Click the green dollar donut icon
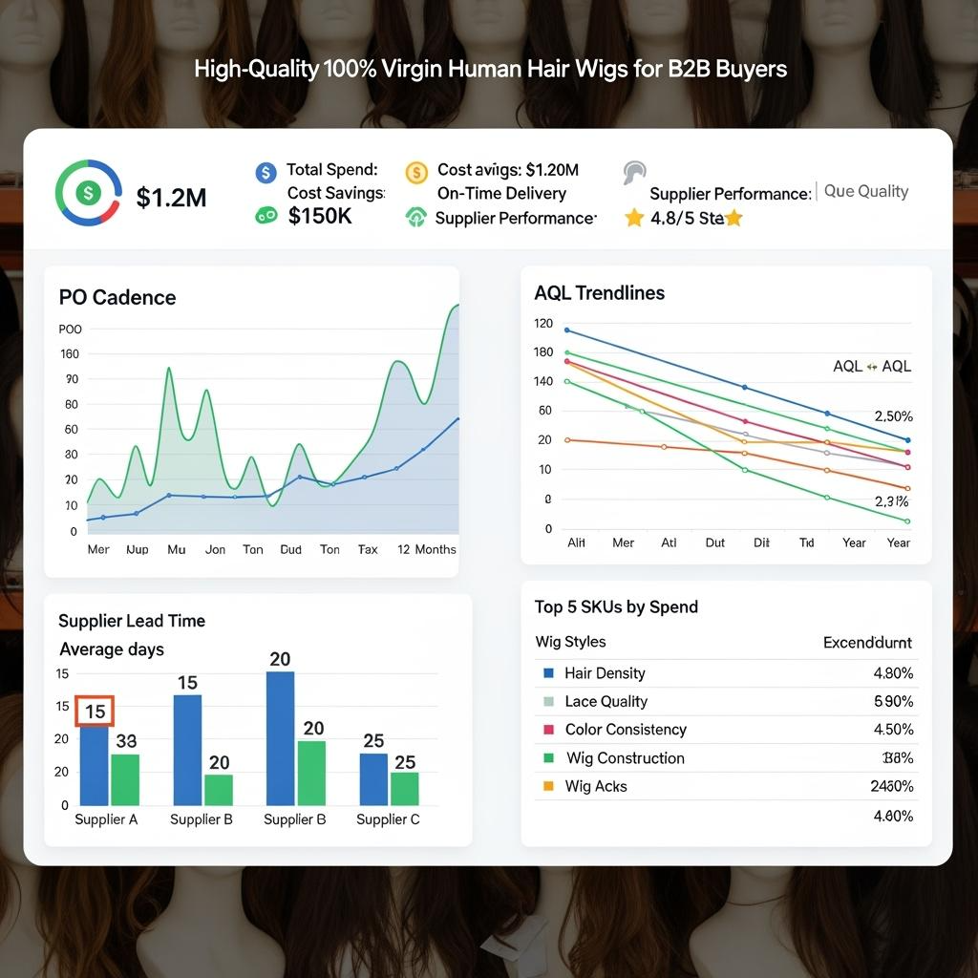88,193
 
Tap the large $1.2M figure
171,198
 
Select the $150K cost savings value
320,216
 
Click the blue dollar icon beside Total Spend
266,172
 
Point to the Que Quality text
865,191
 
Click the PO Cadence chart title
117,297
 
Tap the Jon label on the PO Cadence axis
216,549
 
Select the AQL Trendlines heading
600,293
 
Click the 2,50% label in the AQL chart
894,416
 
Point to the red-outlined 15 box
95,712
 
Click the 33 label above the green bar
126,740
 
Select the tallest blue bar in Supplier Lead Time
280,737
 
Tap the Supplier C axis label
388,819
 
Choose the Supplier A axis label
106,819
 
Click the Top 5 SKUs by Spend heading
616,606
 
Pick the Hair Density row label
605,673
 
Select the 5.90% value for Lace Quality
893,701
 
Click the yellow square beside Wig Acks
548,786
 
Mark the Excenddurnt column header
867,642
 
